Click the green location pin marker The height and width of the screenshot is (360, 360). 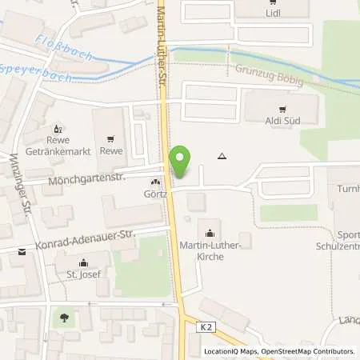[181, 162]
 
